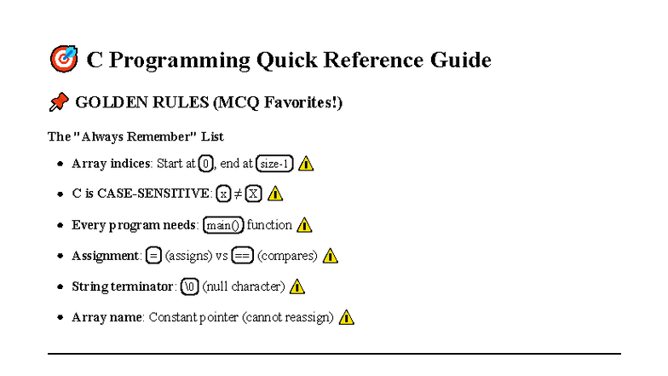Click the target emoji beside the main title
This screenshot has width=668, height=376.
64,59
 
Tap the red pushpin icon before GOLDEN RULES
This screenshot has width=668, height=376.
58,103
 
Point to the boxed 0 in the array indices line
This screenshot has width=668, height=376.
206,164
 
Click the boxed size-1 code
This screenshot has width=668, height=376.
274,164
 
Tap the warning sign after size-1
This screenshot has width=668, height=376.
306,164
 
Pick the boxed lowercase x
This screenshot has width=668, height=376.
223,194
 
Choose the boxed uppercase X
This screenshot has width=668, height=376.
253,194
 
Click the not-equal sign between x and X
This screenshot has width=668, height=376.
238,194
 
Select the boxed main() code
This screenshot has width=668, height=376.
223,225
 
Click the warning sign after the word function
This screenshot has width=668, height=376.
304,225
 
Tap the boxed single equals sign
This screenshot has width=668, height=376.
153,256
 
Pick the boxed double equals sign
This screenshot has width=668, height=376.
242,256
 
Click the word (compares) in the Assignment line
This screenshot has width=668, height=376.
287,256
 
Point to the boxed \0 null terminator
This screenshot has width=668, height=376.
189,286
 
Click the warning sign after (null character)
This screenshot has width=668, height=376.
297,286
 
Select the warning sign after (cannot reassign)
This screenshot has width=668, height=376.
346,317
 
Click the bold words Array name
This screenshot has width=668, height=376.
107,317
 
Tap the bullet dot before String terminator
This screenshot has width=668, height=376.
60,286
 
